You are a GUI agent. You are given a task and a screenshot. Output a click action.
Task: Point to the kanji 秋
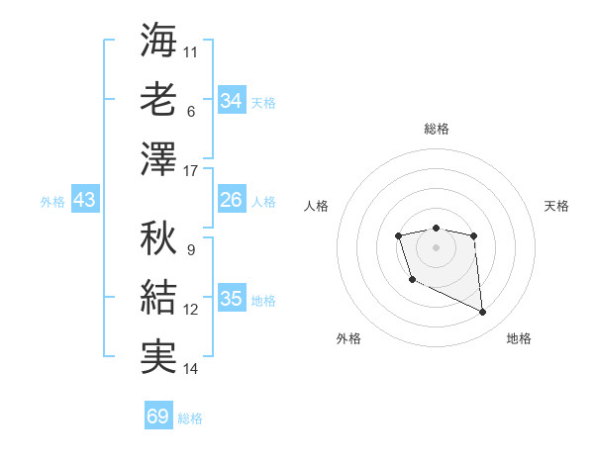click(158, 237)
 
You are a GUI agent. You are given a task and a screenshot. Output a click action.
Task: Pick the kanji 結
click(158, 297)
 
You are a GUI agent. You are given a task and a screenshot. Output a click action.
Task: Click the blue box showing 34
click(232, 101)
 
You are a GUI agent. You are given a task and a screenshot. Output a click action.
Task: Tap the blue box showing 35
click(232, 299)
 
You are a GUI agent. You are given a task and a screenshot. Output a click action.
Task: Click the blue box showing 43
click(84, 201)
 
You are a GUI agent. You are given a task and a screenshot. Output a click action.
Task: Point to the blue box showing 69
click(158, 417)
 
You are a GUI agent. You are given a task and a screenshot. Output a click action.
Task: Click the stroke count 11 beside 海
click(191, 51)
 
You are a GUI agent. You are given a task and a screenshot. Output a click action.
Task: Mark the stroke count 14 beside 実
click(191, 369)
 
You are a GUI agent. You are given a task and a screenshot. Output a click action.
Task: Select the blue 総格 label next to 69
click(190, 418)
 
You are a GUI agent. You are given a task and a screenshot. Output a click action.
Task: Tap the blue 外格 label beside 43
click(52, 202)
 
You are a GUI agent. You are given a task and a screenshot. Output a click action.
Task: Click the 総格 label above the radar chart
click(436, 129)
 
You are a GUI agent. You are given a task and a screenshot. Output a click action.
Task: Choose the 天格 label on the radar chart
click(556, 206)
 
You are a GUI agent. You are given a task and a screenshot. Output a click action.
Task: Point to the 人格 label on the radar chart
click(316, 206)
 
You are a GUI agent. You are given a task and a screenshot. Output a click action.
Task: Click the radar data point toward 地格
click(483, 313)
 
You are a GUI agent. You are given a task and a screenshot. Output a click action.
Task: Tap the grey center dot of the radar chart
click(436, 245)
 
